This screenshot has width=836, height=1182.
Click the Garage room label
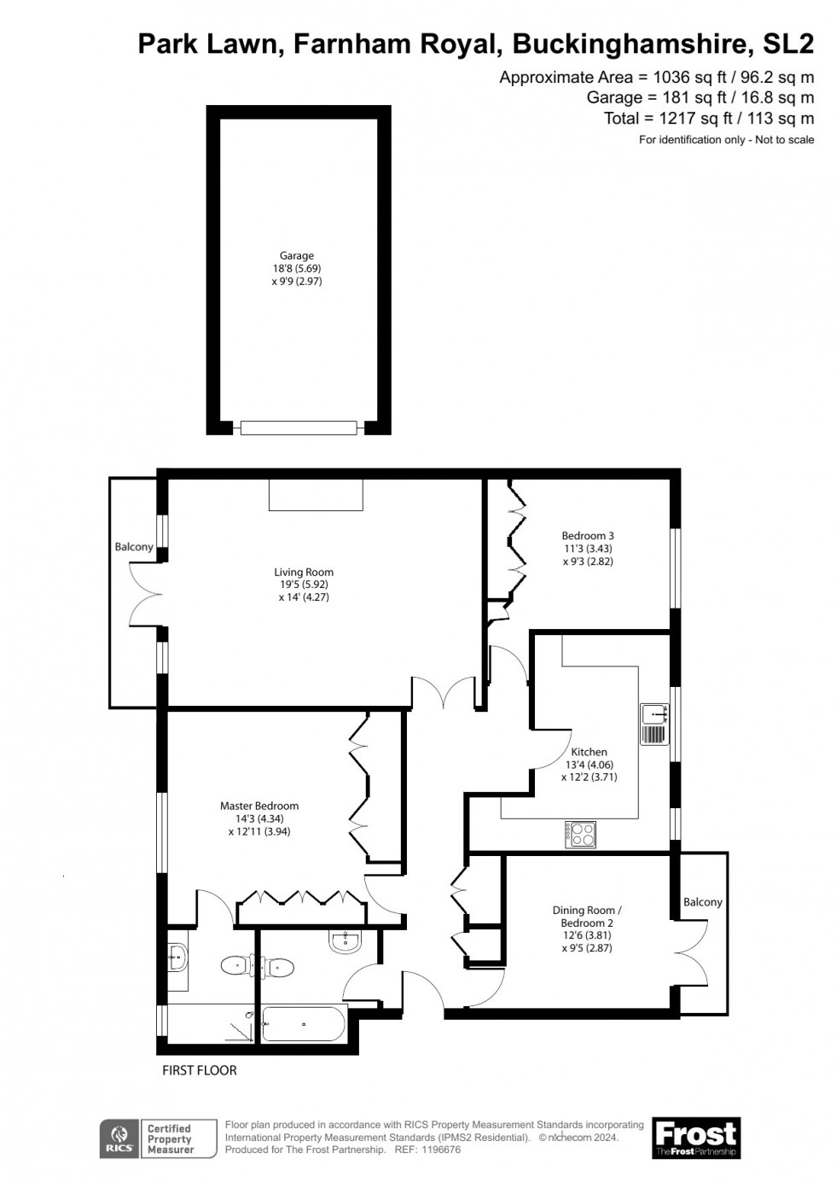(297, 268)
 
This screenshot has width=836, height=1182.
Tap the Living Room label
(304, 585)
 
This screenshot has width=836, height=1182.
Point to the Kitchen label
(589, 765)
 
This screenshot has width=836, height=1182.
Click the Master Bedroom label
(259, 818)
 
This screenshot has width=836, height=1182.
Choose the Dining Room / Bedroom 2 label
(587, 929)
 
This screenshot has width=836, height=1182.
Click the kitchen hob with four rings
(579, 834)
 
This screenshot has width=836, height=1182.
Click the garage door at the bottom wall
(298, 428)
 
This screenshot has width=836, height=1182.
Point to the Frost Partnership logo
(696, 1137)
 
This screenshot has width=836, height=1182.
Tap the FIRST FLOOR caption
(199, 1070)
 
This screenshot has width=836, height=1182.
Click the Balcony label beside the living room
(134, 547)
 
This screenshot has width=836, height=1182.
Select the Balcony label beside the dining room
(702, 902)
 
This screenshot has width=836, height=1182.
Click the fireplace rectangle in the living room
(316, 495)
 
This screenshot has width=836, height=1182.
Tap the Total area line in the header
(709, 119)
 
